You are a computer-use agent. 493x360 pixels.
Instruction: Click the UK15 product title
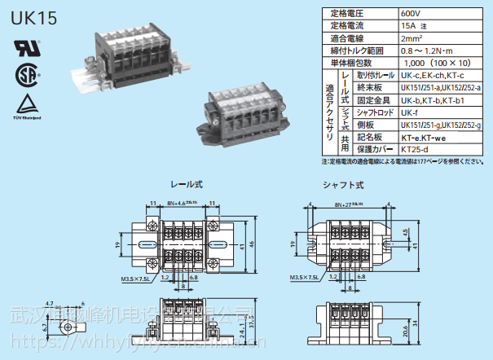(x=34, y=19)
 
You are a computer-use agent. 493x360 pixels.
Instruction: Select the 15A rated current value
(x=410, y=26)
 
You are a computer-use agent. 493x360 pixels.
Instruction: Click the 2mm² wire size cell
(x=411, y=38)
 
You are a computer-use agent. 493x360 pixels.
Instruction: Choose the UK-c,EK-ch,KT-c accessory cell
(x=433, y=75)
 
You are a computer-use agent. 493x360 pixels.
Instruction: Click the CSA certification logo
(x=24, y=74)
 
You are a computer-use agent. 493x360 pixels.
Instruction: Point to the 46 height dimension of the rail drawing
(x=252, y=244)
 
